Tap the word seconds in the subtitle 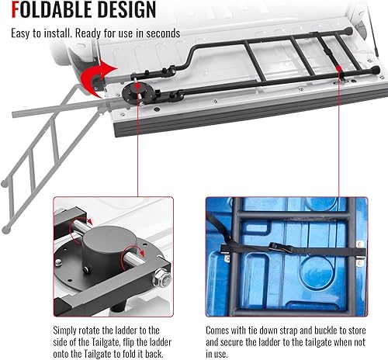coord(162,34)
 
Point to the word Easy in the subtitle coord(23,34)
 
